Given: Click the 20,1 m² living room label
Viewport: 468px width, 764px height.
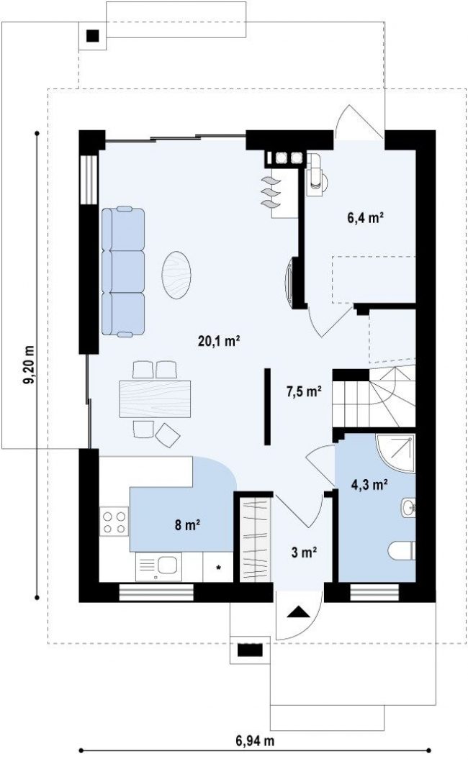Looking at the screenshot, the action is coord(219,340).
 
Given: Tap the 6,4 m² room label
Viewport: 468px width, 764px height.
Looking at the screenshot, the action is coord(365,217).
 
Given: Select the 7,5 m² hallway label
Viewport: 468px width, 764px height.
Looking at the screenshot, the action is coord(304,391).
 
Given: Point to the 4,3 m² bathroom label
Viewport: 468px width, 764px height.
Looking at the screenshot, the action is coord(369,484).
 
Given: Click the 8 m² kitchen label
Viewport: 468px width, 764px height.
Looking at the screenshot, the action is coord(188,524).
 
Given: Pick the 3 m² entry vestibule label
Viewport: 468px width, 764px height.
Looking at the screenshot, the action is coord(304,552).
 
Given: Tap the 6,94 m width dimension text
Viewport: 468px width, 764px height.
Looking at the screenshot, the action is coord(255,741).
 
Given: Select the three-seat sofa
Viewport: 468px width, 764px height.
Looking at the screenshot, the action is coord(123,271).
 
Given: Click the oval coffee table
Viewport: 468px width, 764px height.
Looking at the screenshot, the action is coord(176,275).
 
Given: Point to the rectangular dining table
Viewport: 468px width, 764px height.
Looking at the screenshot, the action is coord(155,399).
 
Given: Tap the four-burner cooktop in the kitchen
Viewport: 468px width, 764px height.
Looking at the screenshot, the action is coord(114,522).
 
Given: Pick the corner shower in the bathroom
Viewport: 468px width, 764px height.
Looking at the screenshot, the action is coord(395,453).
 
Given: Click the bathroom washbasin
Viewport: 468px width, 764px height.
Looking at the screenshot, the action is coord(408,508).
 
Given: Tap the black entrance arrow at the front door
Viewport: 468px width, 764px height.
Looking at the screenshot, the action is coord(298,612).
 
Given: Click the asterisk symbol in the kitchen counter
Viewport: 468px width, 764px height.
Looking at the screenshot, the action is coord(219,567).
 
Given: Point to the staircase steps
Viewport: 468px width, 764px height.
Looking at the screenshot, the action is coord(374,398).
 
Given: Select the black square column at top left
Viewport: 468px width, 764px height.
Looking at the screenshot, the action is coord(93,35).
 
